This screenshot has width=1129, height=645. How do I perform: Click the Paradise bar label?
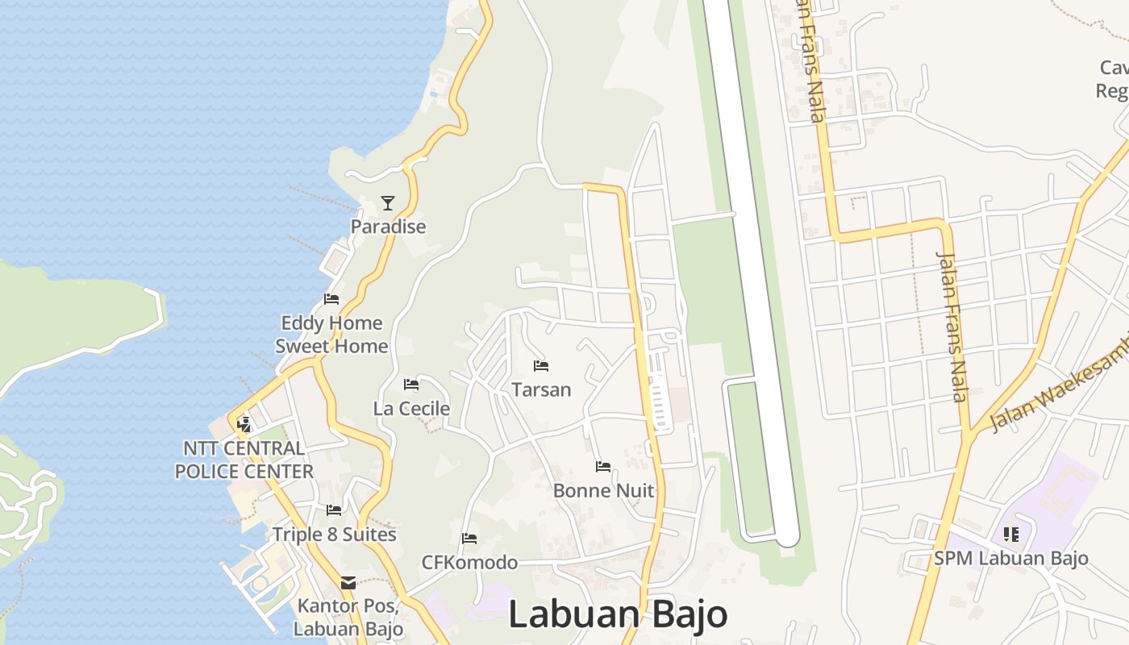click(x=388, y=227)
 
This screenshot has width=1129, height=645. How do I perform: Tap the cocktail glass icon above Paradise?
click(x=388, y=203)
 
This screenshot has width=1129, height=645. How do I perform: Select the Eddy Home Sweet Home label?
click(x=331, y=335)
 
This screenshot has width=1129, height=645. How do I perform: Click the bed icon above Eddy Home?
click(x=331, y=299)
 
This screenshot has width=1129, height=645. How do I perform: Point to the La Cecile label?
click(x=411, y=409)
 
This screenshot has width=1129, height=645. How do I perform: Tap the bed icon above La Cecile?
click(x=411, y=385)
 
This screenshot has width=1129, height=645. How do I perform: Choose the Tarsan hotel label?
click(x=541, y=389)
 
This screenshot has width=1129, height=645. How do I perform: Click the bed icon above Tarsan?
click(x=541, y=366)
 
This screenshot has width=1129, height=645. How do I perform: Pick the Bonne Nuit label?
click(x=603, y=490)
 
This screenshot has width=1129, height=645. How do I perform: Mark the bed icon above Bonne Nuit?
click(x=603, y=466)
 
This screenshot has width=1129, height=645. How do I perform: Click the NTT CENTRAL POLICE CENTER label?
click(x=244, y=460)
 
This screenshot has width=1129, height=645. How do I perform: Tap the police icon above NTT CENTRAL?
click(x=244, y=423)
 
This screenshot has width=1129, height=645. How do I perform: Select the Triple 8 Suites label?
click(x=334, y=534)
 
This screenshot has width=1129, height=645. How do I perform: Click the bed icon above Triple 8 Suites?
click(x=334, y=510)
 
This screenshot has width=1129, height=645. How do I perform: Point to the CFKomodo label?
click(x=469, y=562)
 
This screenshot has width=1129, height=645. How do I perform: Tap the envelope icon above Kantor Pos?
click(x=348, y=582)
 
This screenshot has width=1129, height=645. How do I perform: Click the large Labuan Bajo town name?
click(x=618, y=614)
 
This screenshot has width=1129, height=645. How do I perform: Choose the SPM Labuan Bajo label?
click(x=1011, y=558)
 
